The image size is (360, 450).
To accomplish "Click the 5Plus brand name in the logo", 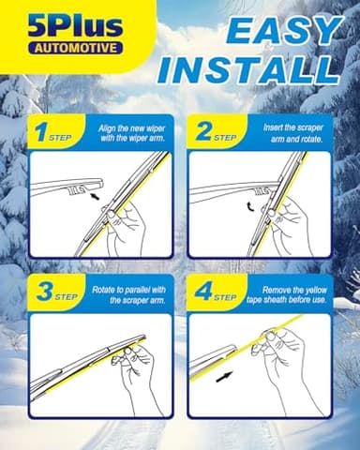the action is [75, 27].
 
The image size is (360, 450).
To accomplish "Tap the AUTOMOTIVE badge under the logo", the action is [76, 48].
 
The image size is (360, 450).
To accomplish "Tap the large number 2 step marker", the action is [203, 131].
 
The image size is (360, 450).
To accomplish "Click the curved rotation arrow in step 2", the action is [248, 207].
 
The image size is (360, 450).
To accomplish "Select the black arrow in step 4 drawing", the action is [224, 377].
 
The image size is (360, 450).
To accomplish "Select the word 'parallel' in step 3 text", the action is [139, 290].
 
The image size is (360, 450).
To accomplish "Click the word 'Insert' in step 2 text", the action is [273, 127].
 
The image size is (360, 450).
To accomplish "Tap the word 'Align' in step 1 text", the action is [107, 128].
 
